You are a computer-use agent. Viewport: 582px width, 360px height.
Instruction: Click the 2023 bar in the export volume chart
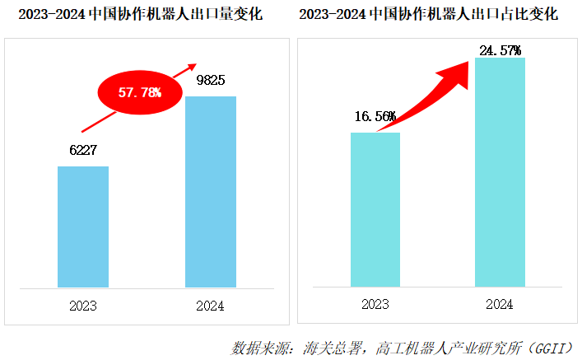[82, 227]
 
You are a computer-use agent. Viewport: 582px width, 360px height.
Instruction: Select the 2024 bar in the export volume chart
[211, 191]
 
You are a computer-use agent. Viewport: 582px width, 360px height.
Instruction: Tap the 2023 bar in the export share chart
[375, 209]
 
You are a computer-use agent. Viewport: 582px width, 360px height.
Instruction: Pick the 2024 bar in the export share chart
[501, 172]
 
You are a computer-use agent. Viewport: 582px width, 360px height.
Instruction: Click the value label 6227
[83, 151]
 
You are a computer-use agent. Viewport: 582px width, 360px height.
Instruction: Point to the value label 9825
[211, 81]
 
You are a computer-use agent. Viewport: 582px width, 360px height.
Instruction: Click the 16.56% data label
[375, 116]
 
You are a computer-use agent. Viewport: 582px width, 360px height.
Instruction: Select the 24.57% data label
[501, 51]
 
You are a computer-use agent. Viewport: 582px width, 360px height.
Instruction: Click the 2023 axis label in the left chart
[83, 306]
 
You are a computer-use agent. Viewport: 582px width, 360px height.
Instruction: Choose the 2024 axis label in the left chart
[211, 306]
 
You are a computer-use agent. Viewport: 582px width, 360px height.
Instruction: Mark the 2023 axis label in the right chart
[375, 304]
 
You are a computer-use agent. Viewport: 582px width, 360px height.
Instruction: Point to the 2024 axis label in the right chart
[501, 304]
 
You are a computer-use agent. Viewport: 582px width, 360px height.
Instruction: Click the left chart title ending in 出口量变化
[140, 15]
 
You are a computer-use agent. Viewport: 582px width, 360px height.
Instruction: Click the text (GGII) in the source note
[550, 347]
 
